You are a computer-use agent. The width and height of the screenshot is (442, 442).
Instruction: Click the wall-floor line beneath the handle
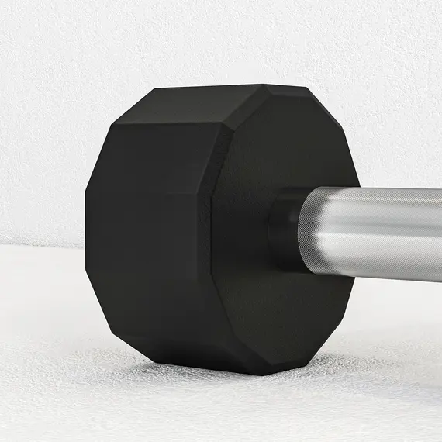[x=395, y=291]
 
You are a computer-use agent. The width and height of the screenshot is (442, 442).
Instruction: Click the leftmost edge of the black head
[x=86, y=225]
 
